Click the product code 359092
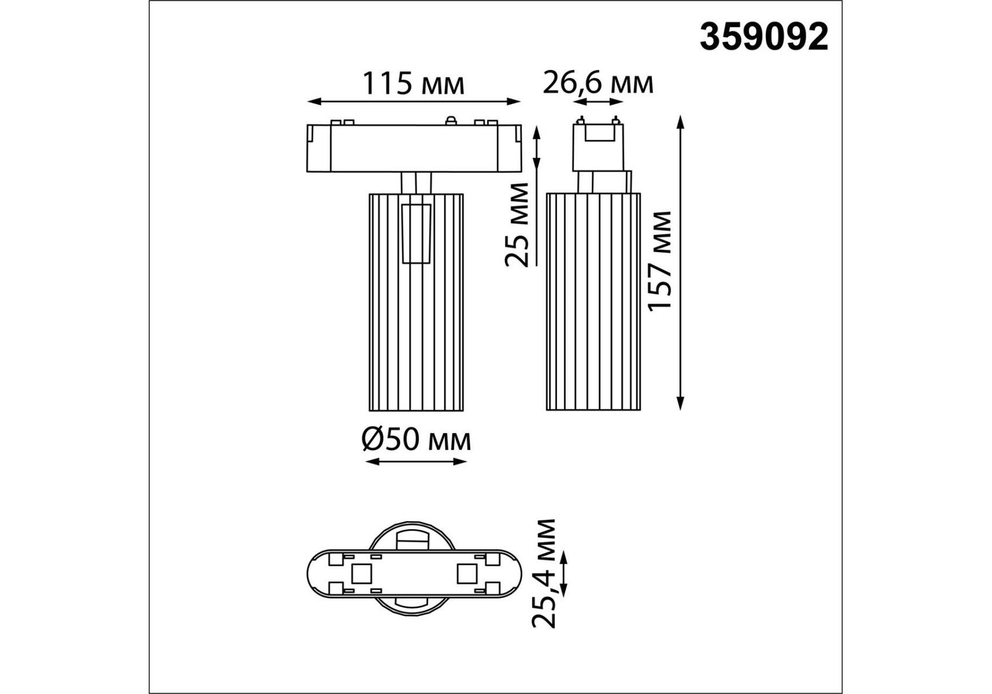(x=764, y=38)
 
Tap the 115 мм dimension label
(x=413, y=84)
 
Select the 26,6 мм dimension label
(x=598, y=83)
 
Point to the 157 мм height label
(x=661, y=261)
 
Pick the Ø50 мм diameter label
(x=416, y=441)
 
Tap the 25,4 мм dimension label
(x=544, y=573)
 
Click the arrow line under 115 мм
(x=414, y=102)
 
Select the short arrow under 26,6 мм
(x=598, y=102)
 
